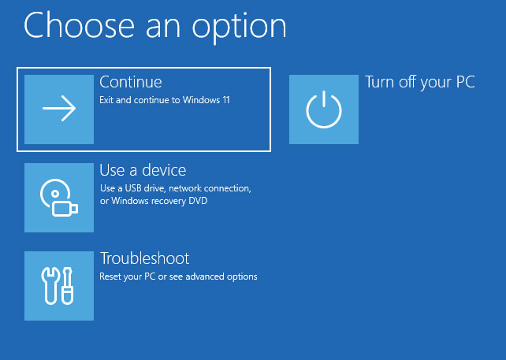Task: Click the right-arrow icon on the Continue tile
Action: tap(59, 109)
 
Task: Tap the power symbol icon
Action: tap(324, 109)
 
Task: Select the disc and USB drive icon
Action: tap(59, 198)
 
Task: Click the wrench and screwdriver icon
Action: tap(59, 286)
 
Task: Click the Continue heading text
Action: tap(131, 82)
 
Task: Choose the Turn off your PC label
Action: tap(420, 82)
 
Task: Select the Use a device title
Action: tap(143, 170)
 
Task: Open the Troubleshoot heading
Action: tap(144, 258)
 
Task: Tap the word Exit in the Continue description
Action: tap(107, 100)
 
